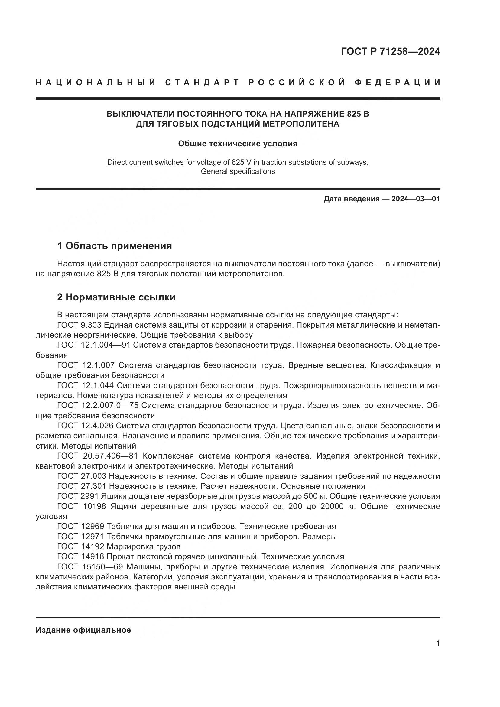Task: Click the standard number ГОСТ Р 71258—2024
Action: click(x=390, y=51)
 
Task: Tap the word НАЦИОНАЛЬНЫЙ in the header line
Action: click(x=96, y=83)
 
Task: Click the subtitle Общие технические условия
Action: click(x=238, y=144)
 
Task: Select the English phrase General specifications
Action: click(x=238, y=171)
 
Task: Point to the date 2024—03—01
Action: click(x=416, y=199)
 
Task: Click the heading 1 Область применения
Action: click(x=115, y=246)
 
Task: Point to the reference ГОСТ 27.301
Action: click(x=82, y=486)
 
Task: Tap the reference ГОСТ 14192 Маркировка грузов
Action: click(x=119, y=546)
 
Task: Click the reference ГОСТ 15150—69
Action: click(x=90, y=566)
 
